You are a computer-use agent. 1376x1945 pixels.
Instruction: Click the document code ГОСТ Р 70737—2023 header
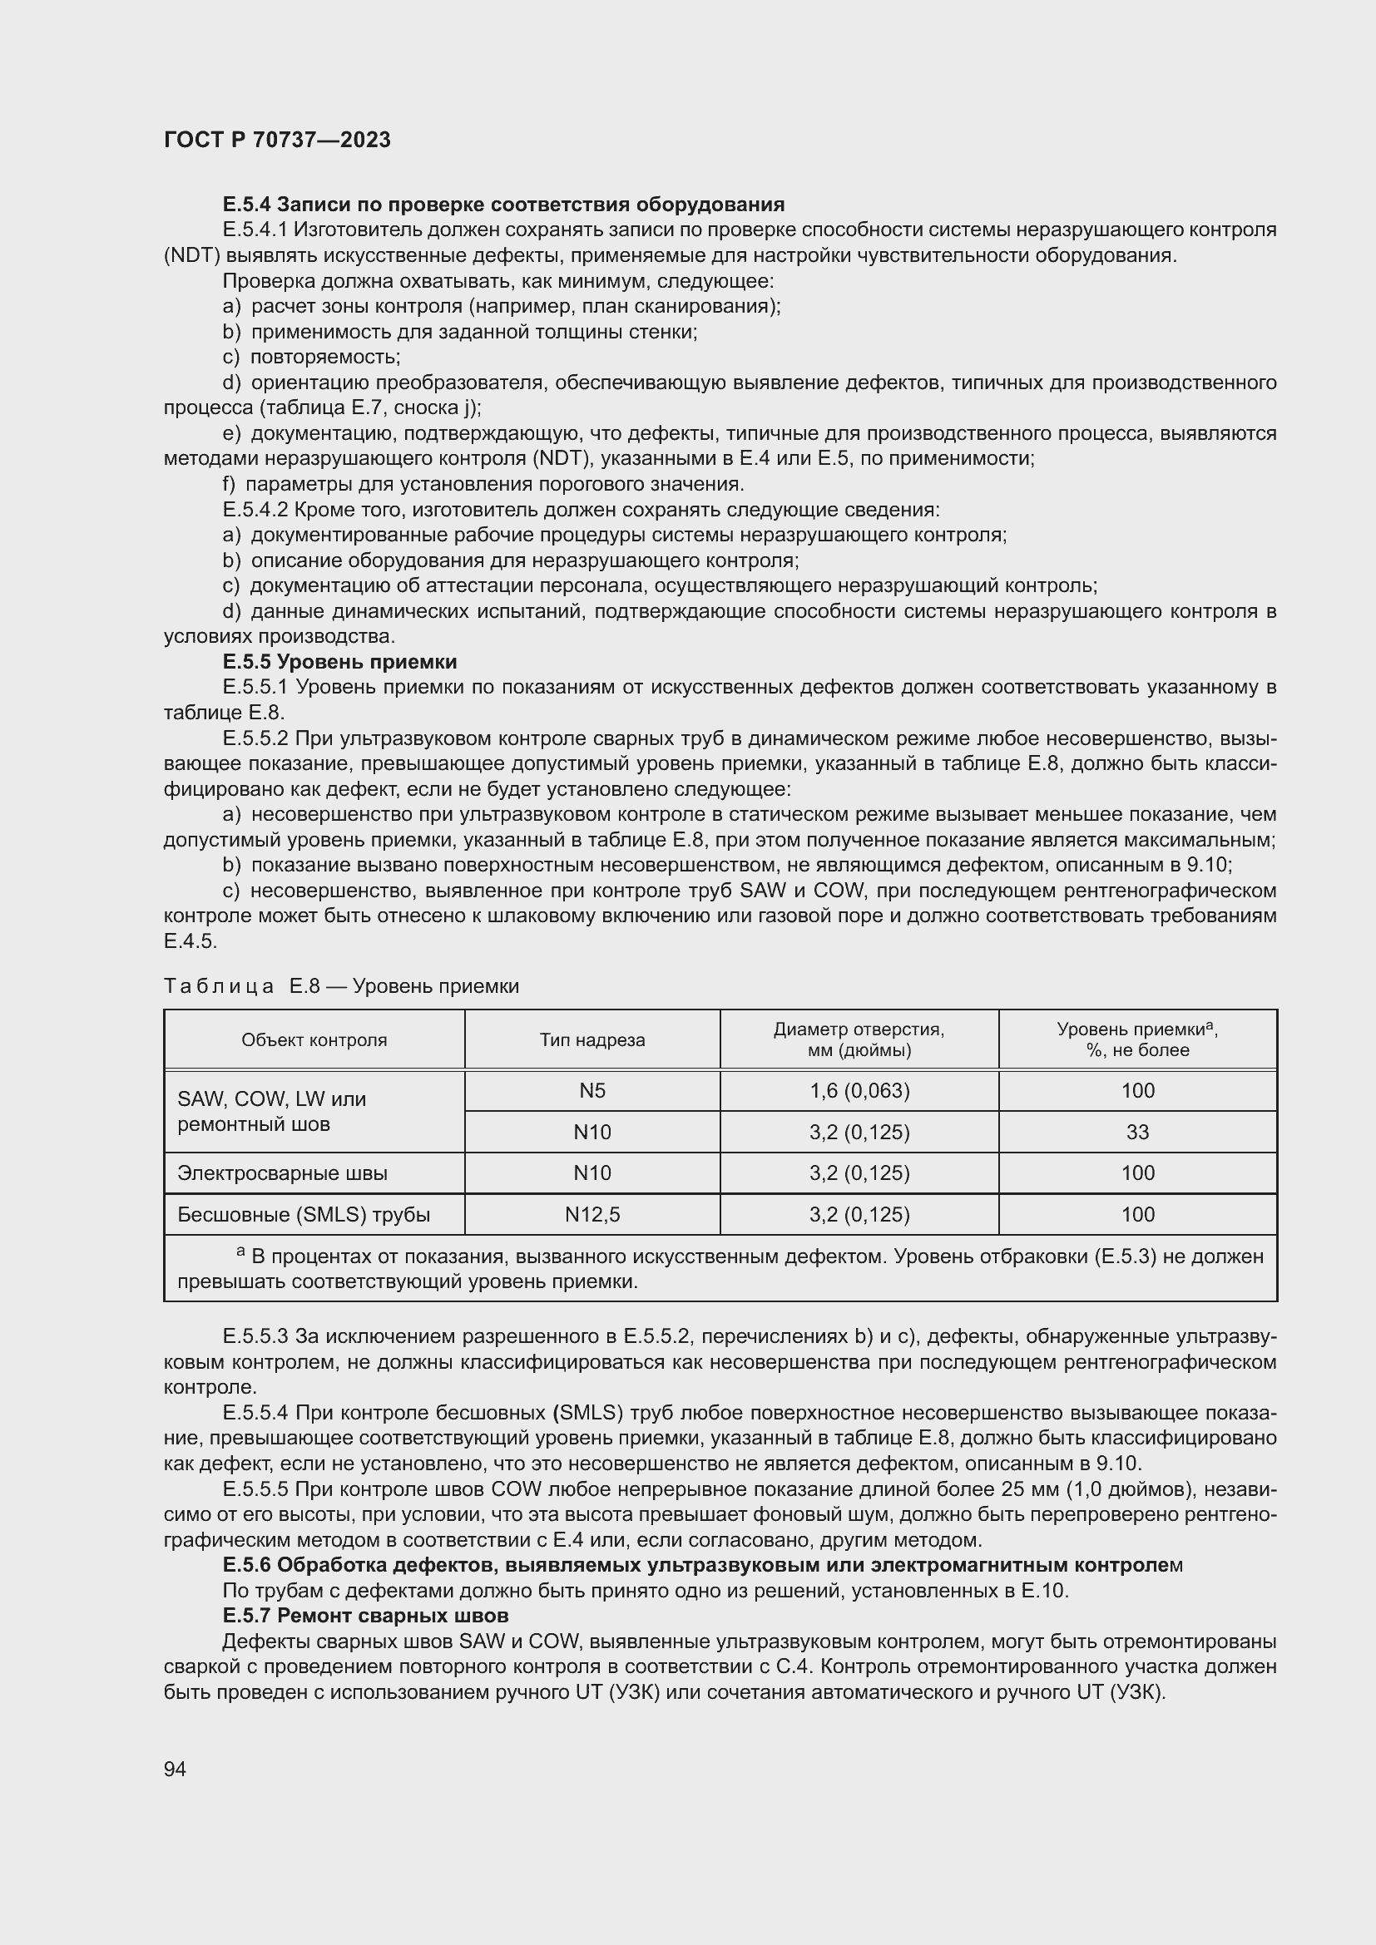point(277,140)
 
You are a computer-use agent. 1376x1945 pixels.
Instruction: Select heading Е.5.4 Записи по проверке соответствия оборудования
point(503,205)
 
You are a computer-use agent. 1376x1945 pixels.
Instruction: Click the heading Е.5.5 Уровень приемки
point(339,662)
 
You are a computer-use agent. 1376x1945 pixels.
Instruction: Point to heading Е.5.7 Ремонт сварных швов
point(365,1616)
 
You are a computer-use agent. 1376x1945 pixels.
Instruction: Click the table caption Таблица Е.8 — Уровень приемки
point(340,986)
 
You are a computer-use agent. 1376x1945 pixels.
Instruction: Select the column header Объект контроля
point(314,1039)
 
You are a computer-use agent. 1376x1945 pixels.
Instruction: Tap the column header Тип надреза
point(592,1039)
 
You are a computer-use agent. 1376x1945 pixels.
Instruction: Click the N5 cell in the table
point(592,1090)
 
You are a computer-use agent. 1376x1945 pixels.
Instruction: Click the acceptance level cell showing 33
point(1137,1132)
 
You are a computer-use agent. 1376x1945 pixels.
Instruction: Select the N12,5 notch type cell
point(592,1215)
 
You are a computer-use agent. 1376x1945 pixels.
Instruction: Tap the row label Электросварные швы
point(282,1173)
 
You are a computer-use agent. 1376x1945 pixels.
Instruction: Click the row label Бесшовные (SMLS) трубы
point(304,1215)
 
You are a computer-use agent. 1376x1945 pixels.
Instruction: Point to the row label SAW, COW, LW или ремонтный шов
point(271,1112)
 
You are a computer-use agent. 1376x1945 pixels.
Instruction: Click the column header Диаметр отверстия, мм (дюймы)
point(859,1039)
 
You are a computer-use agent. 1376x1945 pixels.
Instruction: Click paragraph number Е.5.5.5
point(255,1489)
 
